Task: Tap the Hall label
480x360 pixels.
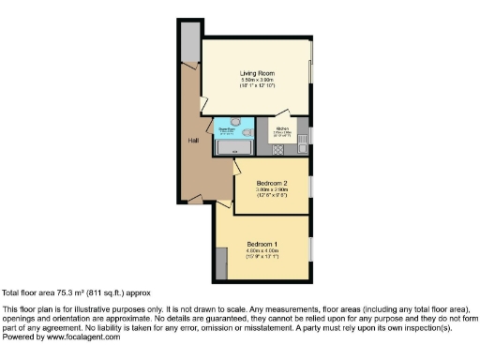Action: point(192,141)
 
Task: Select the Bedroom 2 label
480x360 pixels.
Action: point(272,184)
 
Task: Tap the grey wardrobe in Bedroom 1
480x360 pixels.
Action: point(219,262)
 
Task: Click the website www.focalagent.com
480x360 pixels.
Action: point(82,337)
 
